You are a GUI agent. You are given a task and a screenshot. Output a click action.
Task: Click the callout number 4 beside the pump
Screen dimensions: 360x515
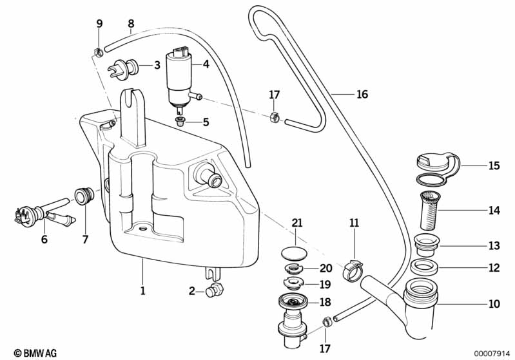click(x=206, y=64)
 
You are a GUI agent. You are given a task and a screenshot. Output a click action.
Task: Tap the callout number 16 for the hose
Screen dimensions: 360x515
click(x=362, y=95)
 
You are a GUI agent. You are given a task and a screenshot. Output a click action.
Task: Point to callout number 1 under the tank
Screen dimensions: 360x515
click(x=143, y=291)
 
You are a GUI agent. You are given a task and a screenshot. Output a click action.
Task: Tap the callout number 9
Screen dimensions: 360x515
click(x=99, y=24)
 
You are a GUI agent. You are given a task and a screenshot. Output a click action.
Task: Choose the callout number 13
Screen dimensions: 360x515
click(x=494, y=246)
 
